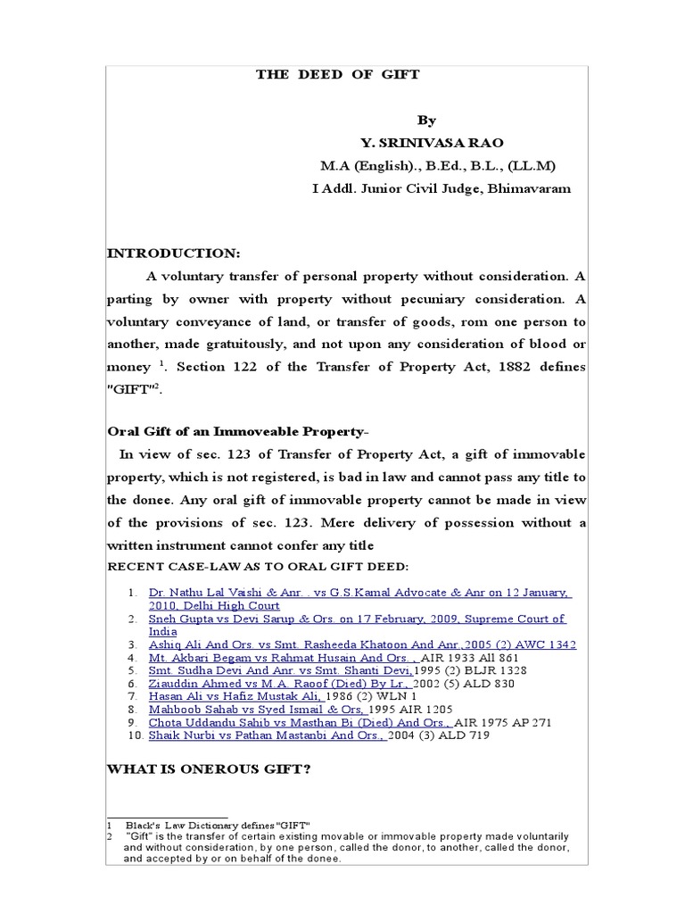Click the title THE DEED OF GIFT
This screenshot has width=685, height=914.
[337, 75]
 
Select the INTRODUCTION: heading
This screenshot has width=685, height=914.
[173, 253]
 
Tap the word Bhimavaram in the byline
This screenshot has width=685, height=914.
[529, 188]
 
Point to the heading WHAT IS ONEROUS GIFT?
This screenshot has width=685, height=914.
[209, 769]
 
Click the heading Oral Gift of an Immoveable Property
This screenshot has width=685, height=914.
[235, 432]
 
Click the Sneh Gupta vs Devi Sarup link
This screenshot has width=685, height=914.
[357, 619]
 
